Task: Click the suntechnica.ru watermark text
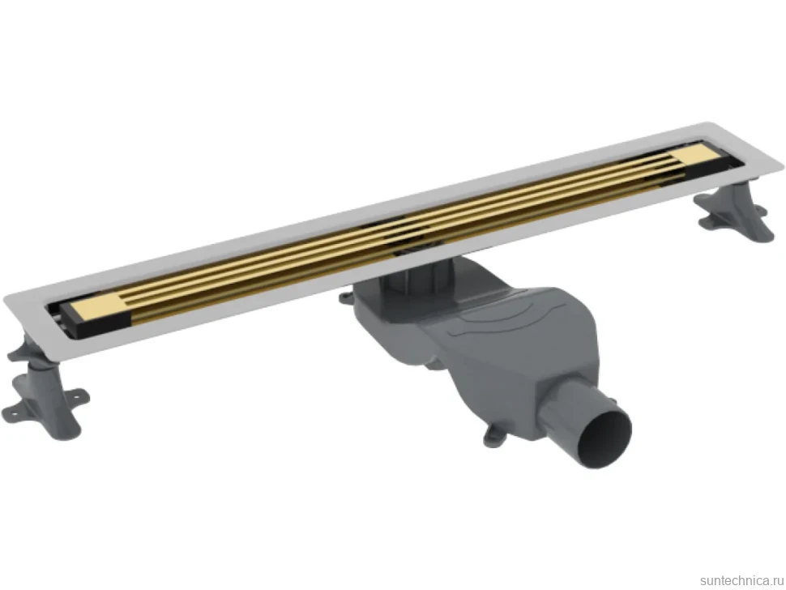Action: pos(741,580)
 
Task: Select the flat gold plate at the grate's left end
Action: pos(97,307)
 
